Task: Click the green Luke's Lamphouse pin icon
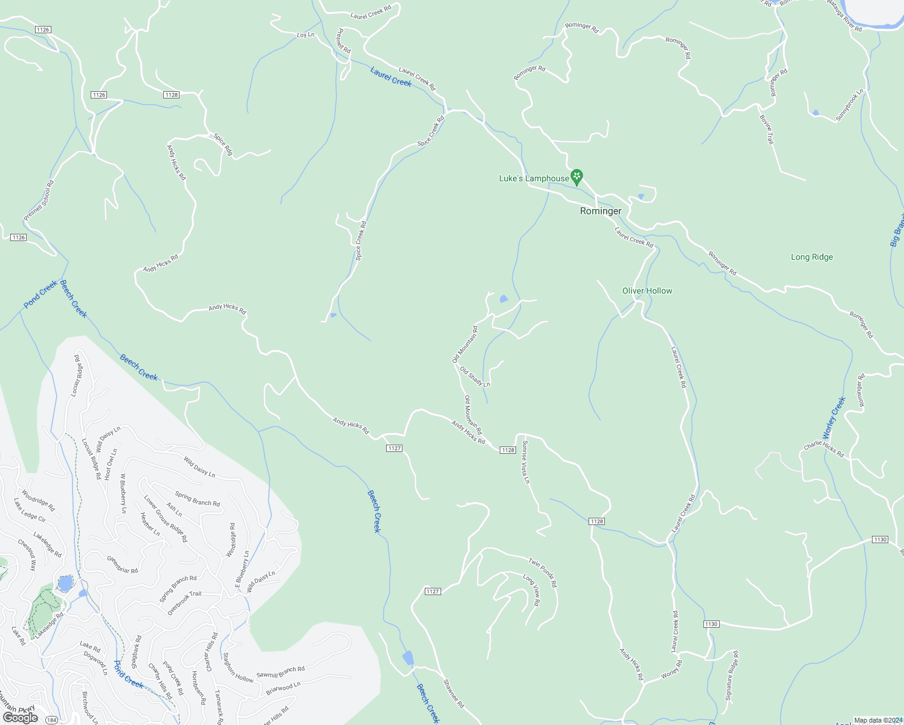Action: pyautogui.click(x=576, y=176)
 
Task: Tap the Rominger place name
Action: pyautogui.click(x=601, y=211)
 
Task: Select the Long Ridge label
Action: pyautogui.click(x=812, y=257)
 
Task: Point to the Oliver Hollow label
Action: pyautogui.click(x=647, y=291)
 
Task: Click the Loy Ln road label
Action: pyautogui.click(x=306, y=35)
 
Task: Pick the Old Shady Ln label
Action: pyautogui.click(x=475, y=376)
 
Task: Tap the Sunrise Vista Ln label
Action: pyautogui.click(x=526, y=462)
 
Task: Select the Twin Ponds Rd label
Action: pyautogui.click(x=543, y=573)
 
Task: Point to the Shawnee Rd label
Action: pyautogui.click(x=453, y=694)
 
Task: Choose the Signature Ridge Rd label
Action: pyautogui.click(x=732, y=675)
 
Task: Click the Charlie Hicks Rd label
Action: pyautogui.click(x=824, y=449)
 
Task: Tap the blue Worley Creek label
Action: pyautogui.click(x=834, y=418)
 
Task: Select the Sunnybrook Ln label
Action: pyautogui.click(x=850, y=106)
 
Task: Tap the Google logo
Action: pyautogui.click(x=20, y=717)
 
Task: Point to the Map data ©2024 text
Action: pyautogui.click(x=877, y=720)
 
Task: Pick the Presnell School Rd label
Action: pyautogui.click(x=39, y=200)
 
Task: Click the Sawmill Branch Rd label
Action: pyautogui.click(x=280, y=672)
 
